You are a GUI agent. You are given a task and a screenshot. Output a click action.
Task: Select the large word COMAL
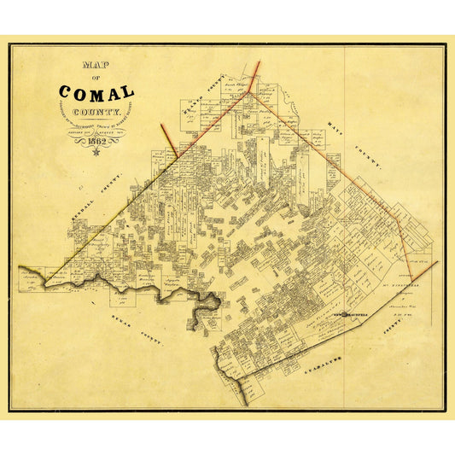pyautogui.click(x=96, y=93)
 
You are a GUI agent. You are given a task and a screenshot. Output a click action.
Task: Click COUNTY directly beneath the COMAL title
pyautogui.click(x=96, y=110)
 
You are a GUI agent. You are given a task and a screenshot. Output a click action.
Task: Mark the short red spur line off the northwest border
pyautogui.click(x=169, y=139)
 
